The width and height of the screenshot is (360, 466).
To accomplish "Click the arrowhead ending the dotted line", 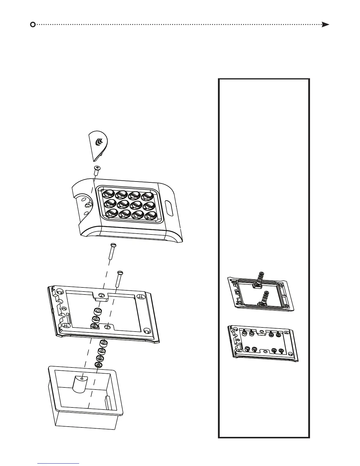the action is point(325,24).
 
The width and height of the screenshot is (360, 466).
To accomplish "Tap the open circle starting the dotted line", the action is point(33,24).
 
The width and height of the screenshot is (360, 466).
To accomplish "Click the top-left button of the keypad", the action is point(109,194).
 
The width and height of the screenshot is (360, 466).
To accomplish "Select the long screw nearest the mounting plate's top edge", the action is point(119,278).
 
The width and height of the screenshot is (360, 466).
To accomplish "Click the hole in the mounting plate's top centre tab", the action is point(101,295).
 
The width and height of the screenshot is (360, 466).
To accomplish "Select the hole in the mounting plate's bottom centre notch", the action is point(108,327).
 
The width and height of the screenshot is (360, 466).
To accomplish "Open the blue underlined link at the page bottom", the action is point(59,463).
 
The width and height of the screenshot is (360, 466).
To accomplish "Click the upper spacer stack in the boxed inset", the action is point(260,278).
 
